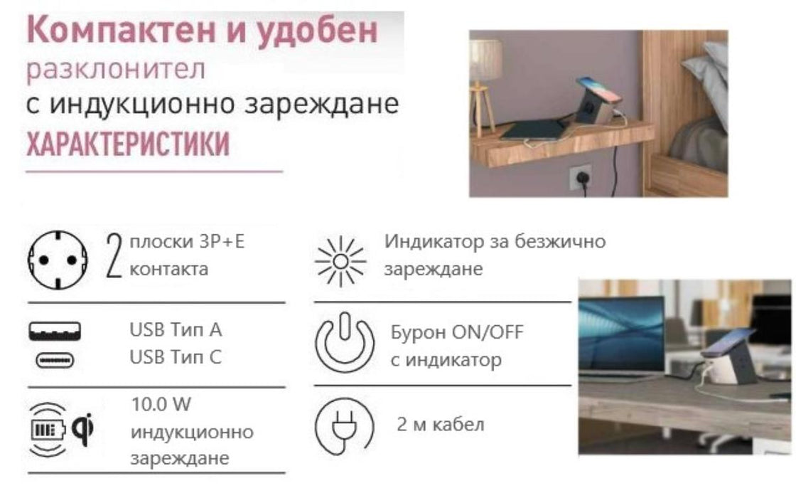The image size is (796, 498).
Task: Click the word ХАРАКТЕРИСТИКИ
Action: coord(128,144)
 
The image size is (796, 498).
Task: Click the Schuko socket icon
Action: coord(58,260)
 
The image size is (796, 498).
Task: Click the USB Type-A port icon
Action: coord(55,333)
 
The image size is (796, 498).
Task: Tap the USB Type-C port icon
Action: coord(55,360)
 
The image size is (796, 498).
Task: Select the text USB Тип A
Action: coord(176,330)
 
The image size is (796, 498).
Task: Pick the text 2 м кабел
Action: coord(441,425)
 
